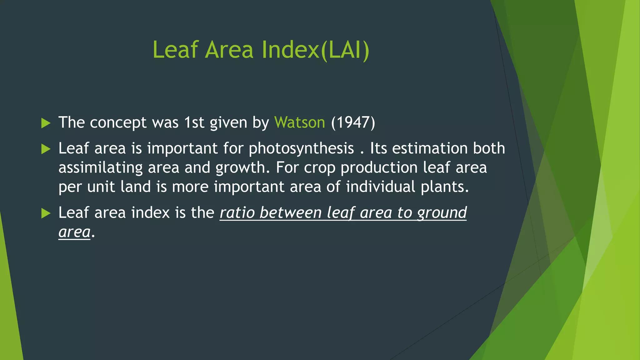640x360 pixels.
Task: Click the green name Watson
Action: pyautogui.click(x=300, y=122)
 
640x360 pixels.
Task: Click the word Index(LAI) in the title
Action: pyautogui.click(x=315, y=50)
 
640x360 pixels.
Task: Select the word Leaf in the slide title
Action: pyautogui.click(x=175, y=50)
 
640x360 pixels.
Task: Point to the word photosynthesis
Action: pyautogui.click(x=301, y=149)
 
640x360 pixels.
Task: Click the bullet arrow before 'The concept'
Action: pyautogui.click(x=46, y=123)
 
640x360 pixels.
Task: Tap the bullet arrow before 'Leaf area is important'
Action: pyautogui.click(x=46, y=149)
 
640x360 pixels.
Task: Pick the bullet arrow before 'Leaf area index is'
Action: pyautogui.click(x=46, y=213)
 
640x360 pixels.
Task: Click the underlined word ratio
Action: pyautogui.click(x=237, y=213)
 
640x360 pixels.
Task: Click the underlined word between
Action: pyautogui.click(x=290, y=213)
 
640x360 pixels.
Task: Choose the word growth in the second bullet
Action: pyautogui.click(x=240, y=168)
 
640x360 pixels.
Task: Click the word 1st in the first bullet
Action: pyautogui.click(x=194, y=122)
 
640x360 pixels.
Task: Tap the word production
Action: pyautogui.click(x=379, y=168)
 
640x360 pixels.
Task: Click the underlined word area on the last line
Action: pyautogui.click(x=74, y=232)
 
